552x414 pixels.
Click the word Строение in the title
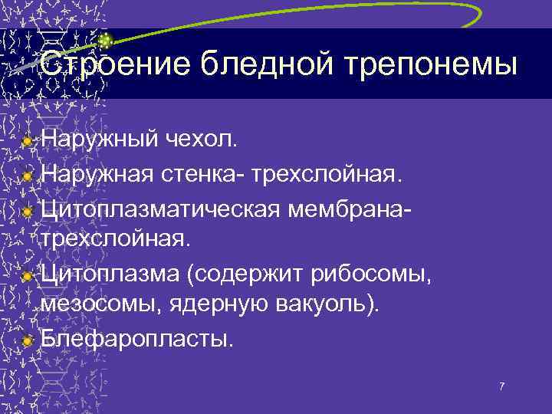click(116, 64)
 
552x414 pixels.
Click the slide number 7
click(501, 386)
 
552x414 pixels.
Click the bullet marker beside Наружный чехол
click(28, 141)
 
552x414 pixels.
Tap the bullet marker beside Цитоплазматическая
click(28, 209)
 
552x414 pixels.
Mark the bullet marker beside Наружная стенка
click(28, 175)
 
